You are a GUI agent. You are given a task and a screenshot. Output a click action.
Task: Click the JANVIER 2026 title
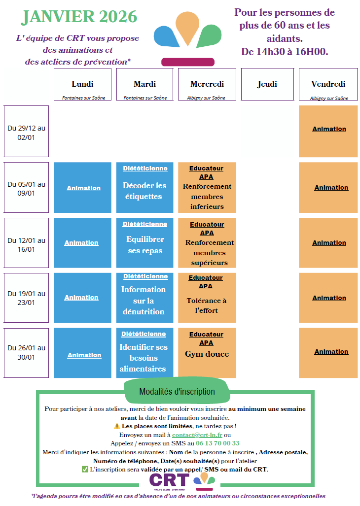click(79, 17)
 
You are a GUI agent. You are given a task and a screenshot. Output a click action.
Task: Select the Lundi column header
click(82, 85)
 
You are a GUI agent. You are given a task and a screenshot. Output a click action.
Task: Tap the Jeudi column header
click(267, 84)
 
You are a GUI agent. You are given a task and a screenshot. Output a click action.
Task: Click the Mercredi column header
click(207, 85)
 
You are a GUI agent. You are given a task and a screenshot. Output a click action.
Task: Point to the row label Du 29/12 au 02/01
click(26, 132)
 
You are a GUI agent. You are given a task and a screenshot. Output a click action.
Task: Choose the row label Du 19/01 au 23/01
click(26, 298)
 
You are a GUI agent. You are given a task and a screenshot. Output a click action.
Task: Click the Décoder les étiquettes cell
click(145, 191)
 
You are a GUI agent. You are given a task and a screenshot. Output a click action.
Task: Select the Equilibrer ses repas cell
click(145, 245)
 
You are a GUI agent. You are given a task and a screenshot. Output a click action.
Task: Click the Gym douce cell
click(207, 354)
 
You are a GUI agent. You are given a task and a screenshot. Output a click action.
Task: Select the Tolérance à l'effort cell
click(207, 305)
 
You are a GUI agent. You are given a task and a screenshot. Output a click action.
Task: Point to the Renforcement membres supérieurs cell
click(207, 252)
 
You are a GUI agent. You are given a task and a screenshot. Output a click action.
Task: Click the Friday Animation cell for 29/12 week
click(329, 129)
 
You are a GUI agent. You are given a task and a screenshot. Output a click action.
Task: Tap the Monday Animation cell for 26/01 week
click(84, 355)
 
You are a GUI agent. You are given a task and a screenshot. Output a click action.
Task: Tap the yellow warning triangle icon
click(117, 426)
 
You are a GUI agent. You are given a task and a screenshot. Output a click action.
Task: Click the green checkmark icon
click(85, 469)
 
